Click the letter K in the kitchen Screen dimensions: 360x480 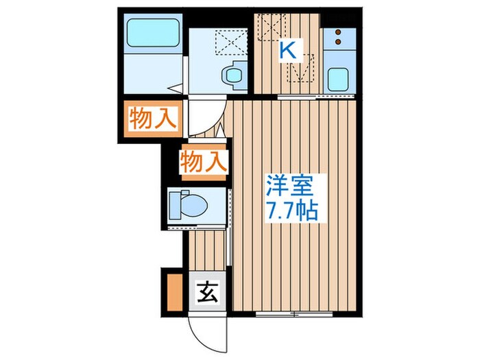288,49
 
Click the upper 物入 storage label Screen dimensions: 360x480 152,120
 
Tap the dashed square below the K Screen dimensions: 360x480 300,69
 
